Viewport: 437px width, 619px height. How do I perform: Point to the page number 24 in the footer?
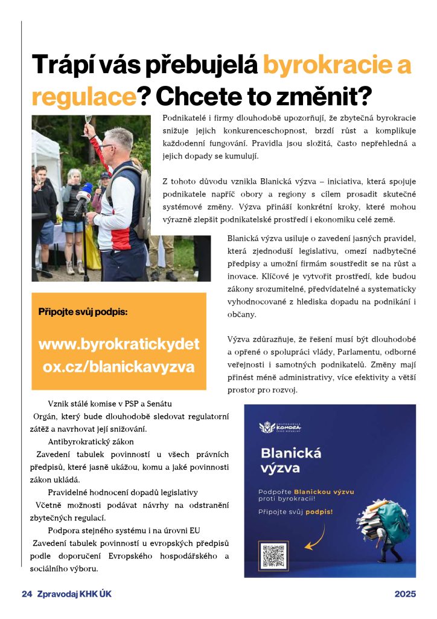pyautogui.click(x=26, y=594)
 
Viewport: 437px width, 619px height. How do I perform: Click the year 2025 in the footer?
pyautogui.click(x=406, y=594)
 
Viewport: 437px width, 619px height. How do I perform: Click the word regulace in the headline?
pyautogui.click(x=82, y=96)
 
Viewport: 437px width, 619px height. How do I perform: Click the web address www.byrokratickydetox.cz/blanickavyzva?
pyautogui.click(x=119, y=355)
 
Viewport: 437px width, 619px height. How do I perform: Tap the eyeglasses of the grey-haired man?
pyautogui.click(x=107, y=146)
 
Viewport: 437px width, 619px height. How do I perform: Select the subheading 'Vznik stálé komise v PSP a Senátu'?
pyautogui.click(x=113, y=403)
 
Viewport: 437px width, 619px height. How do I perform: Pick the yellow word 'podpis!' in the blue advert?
pyautogui.click(x=319, y=511)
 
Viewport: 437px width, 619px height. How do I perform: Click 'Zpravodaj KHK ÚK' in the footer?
pyautogui.click(x=74, y=594)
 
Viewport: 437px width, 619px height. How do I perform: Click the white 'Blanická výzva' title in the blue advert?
pyautogui.click(x=291, y=460)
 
